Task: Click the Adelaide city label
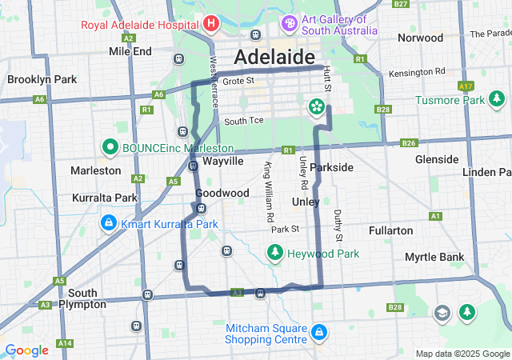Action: [274, 58]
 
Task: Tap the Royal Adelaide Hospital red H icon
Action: [211, 23]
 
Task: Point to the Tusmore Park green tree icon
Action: [498, 99]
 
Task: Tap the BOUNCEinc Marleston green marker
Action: [110, 148]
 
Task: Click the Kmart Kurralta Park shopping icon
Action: [107, 223]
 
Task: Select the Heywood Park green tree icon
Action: [274, 253]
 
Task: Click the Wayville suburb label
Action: [222, 161]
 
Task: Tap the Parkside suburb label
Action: [331, 167]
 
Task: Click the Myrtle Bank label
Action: [434, 257]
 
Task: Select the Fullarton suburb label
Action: [391, 230]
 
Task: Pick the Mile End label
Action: [130, 51]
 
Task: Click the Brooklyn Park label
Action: [42, 79]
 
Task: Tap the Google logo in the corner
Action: [26, 350]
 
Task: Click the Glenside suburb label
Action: [437, 159]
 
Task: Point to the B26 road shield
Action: [408, 143]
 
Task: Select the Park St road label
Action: [284, 229]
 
